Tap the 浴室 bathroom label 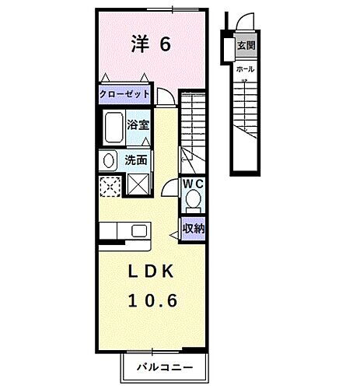(139, 123)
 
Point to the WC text (194, 184)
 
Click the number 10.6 (148, 300)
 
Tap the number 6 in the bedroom (166, 44)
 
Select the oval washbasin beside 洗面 (108, 161)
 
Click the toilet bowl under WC (193, 203)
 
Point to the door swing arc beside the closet (166, 96)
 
